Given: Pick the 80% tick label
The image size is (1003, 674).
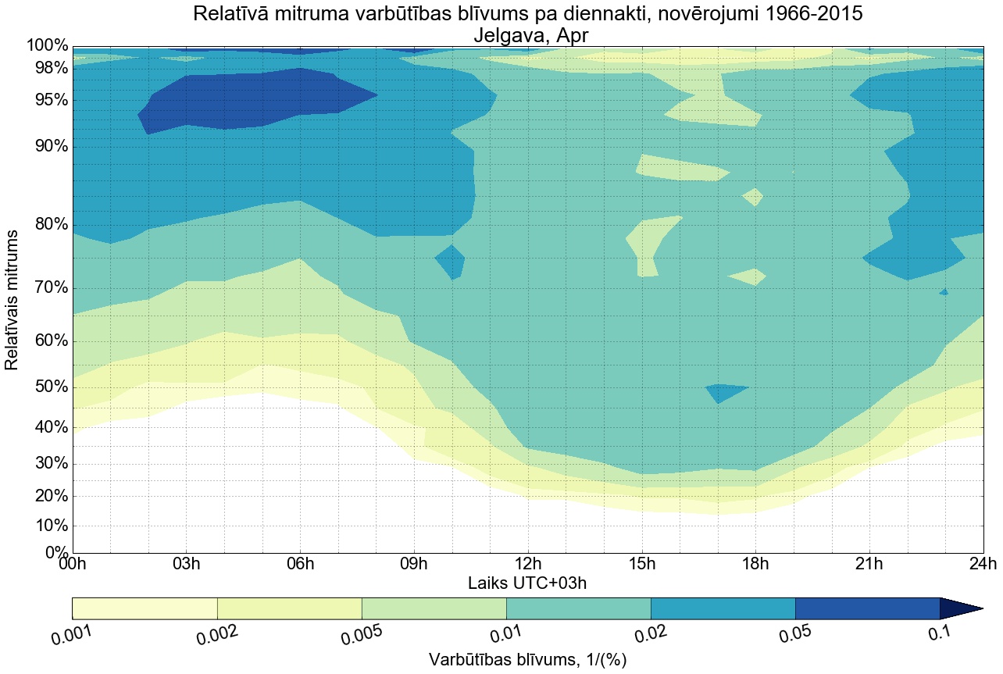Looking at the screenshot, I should tap(48, 225).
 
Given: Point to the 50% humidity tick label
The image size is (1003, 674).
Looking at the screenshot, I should tap(48, 388).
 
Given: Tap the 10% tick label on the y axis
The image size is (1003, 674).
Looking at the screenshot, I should tap(48, 526).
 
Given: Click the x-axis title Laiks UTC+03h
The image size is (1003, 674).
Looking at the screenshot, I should tap(527, 583).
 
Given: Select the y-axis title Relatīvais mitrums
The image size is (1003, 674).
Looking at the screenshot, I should tap(12, 300).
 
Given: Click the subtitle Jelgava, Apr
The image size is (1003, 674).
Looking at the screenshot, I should tap(527, 36).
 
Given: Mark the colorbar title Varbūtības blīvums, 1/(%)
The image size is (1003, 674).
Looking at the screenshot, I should tap(527, 660).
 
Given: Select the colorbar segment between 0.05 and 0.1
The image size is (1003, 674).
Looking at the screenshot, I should tap(867, 608).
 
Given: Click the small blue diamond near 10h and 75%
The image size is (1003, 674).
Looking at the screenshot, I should tap(451, 261).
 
